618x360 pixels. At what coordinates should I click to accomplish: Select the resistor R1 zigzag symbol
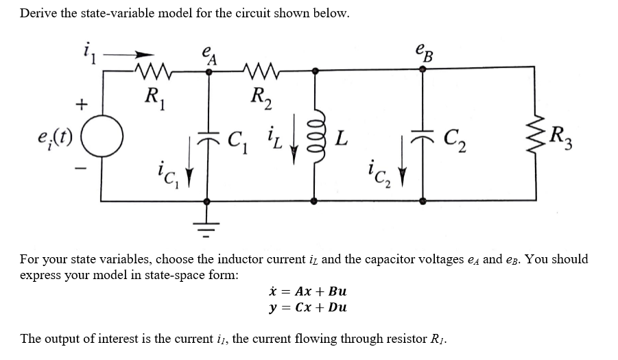[154, 69]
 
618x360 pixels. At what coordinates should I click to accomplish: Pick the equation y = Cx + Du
[309, 307]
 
